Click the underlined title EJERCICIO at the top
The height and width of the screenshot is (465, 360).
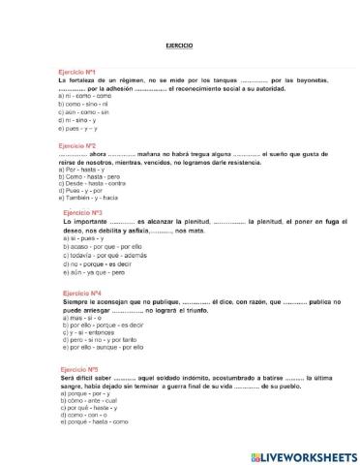(179, 46)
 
